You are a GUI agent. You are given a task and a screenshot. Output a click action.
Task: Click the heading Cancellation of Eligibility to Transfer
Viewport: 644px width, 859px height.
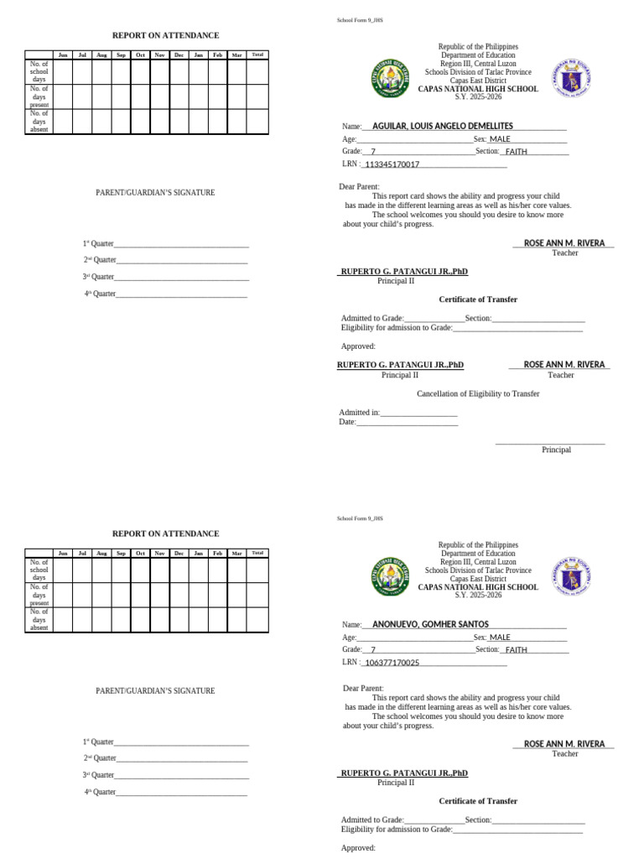pyautogui.click(x=478, y=393)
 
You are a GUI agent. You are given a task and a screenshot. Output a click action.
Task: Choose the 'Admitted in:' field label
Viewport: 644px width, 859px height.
pyautogui.click(x=360, y=413)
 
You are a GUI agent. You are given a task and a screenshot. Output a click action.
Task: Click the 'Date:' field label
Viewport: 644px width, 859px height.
pyautogui.click(x=347, y=422)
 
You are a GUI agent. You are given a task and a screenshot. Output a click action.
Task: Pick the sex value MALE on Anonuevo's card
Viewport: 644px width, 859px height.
pyautogui.click(x=500, y=638)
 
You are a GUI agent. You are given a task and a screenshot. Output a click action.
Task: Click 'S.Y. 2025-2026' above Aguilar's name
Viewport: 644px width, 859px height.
pyautogui.click(x=478, y=97)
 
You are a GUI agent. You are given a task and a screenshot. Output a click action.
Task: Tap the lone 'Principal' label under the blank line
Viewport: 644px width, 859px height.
pyautogui.click(x=556, y=450)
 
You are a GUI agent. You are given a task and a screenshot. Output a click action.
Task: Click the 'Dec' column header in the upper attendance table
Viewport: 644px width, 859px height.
pyautogui.click(x=179, y=55)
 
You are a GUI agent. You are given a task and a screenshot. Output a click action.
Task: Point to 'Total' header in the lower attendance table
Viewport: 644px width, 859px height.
pyautogui.click(x=257, y=553)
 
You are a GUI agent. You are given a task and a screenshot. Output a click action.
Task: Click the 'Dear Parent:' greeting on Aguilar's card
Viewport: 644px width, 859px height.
pyautogui.click(x=360, y=186)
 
